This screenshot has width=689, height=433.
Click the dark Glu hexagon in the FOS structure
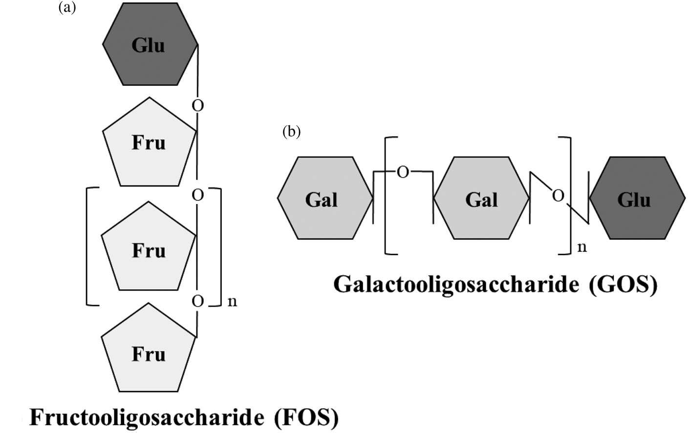[150, 45]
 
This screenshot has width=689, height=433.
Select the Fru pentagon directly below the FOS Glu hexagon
[149, 144]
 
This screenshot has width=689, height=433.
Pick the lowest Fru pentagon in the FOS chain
[149, 352]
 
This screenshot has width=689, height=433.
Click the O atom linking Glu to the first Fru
[197, 105]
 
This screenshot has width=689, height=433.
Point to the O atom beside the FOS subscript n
[197, 301]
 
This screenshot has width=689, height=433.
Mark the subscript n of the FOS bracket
[233, 302]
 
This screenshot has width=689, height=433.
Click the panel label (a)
[67, 7]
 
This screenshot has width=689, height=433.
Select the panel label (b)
[292, 131]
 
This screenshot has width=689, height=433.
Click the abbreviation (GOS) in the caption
[623, 284]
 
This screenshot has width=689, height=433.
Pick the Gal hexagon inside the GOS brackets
[481, 198]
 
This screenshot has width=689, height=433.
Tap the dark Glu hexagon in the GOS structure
[637, 198]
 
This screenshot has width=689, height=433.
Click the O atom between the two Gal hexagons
[403, 172]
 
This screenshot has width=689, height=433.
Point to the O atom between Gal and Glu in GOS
[558, 196]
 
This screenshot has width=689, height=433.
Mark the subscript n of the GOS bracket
[581, 247]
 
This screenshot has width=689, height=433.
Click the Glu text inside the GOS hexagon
[634, 200]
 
